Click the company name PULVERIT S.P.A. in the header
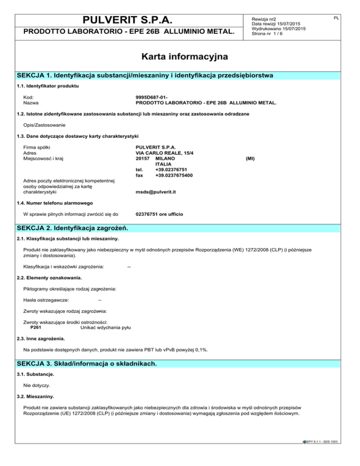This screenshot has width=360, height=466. pyautogui.click(x=125, y=20)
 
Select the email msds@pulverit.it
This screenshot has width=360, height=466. pyautogui.click(x=156, y=192)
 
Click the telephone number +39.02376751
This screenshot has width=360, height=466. pyautogui.click(x=163, y=170)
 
